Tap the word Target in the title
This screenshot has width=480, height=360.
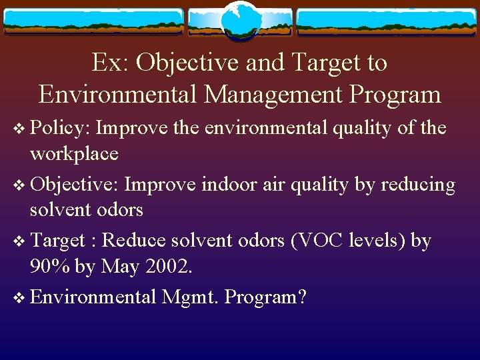317,63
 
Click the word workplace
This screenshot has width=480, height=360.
73,154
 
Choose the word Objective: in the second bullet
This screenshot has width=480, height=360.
74,183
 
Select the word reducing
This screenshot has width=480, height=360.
417,184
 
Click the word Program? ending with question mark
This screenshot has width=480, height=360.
265,297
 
